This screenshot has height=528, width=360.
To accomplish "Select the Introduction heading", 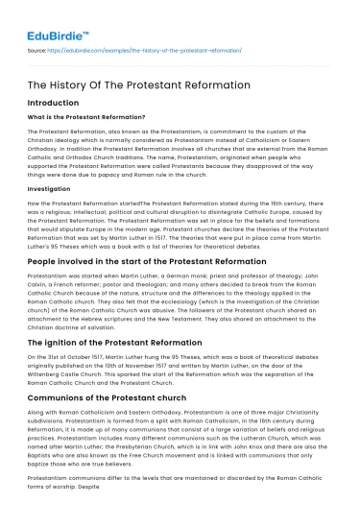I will (54, 102).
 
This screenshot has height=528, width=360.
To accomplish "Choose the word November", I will (166, 367).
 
